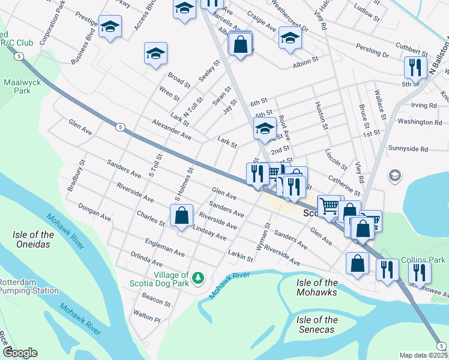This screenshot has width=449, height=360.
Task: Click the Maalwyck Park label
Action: click(17, 86)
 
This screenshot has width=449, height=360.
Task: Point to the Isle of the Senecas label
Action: click(317, 325)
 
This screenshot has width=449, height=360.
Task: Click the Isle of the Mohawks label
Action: click(317, 287)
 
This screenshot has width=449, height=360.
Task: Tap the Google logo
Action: click(19, 353)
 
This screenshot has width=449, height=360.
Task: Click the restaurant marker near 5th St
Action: click(415, 67)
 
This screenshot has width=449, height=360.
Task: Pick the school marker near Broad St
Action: click(155, 53)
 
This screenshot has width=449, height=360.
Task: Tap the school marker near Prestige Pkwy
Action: click(110, 27)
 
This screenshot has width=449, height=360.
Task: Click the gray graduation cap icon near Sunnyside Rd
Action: click(394, 175)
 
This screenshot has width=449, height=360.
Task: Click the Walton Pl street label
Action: click(146, 316)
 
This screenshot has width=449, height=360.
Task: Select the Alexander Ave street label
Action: click(171, 129)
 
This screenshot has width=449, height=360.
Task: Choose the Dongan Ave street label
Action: click(94, 211)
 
